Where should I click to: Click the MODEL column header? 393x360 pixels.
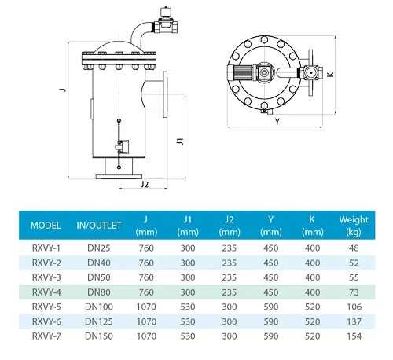pyautogui.click(x=46, y=226)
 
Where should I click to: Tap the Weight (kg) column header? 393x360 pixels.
pyautogui.click(x=353, y=226)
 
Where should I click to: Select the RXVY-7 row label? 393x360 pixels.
pyautogui.click(x=46, y=335)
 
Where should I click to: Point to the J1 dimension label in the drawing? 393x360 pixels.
pyautogui.click(x=180, y=142)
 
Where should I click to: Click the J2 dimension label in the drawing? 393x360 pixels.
pyautogui.click(x=144, y=186)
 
